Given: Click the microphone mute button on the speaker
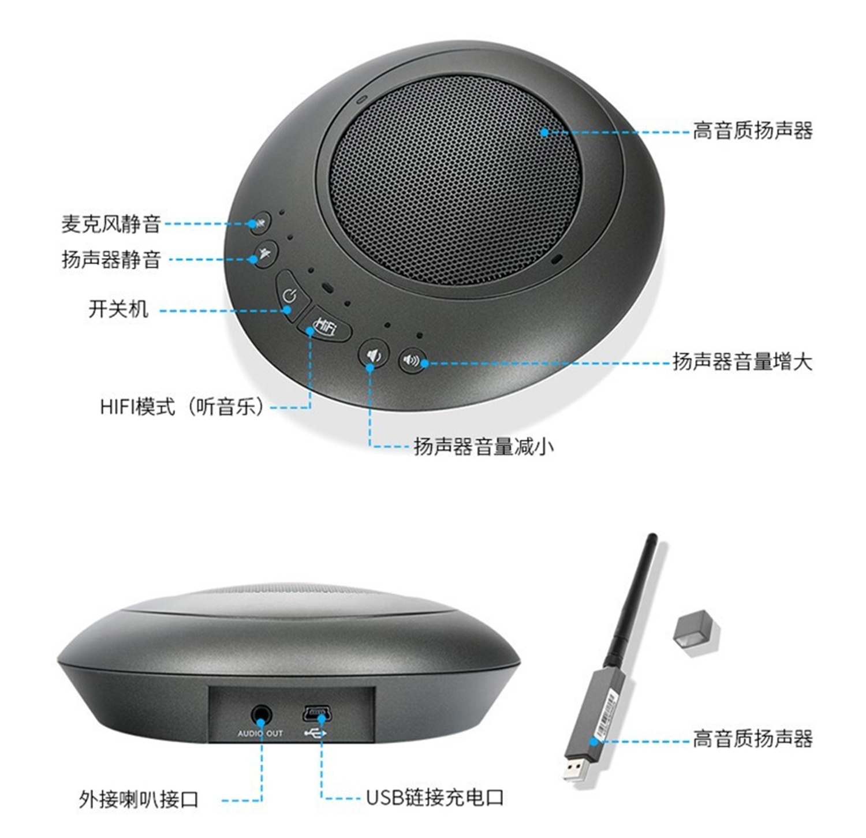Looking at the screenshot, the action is point(260,223).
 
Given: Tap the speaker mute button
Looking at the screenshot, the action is point(266,254).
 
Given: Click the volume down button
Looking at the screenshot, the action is point(374,354).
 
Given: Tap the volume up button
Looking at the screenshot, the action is point(412,361).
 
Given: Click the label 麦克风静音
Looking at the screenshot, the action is point(111,223).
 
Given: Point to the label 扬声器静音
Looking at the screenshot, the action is point(111,260).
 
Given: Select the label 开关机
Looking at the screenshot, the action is point(118,309).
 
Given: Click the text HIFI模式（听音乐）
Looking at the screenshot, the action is point(182,407).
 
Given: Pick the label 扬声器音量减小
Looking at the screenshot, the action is point(483,446).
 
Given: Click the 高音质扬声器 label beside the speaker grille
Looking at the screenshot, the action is point(752,131).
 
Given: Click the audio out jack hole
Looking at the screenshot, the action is point(261,716).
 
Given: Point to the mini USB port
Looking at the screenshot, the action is point(315,714).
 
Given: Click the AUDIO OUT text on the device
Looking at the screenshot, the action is point(260,734).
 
